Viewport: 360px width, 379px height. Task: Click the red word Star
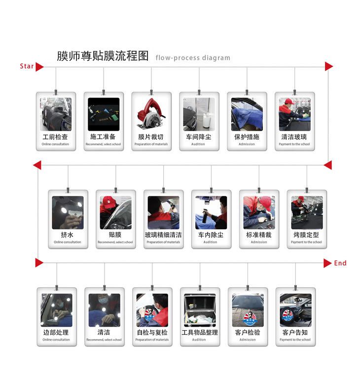27,66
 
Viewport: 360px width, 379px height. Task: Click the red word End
340,263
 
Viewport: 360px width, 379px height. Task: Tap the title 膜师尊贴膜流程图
103,56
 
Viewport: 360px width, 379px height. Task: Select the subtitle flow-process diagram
193,58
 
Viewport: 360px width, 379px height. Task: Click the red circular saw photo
151,114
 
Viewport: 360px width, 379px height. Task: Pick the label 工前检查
55,137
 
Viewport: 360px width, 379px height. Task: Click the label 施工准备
103,137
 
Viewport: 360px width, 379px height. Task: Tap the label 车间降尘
198,137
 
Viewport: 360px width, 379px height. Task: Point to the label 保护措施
247,137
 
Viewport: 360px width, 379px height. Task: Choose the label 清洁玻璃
294,137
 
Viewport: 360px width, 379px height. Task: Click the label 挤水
67,235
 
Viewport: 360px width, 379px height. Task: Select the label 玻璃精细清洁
163,235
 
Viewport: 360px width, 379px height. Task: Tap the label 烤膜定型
306,235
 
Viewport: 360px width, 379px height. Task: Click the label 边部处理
56,333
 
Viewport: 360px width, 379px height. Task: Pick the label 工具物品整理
200,333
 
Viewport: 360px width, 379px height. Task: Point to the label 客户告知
295,333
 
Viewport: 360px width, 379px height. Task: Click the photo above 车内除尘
211,212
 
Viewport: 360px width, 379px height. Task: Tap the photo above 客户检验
248,310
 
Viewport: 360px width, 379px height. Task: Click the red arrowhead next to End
327,263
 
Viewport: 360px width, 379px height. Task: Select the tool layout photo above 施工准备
104,114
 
